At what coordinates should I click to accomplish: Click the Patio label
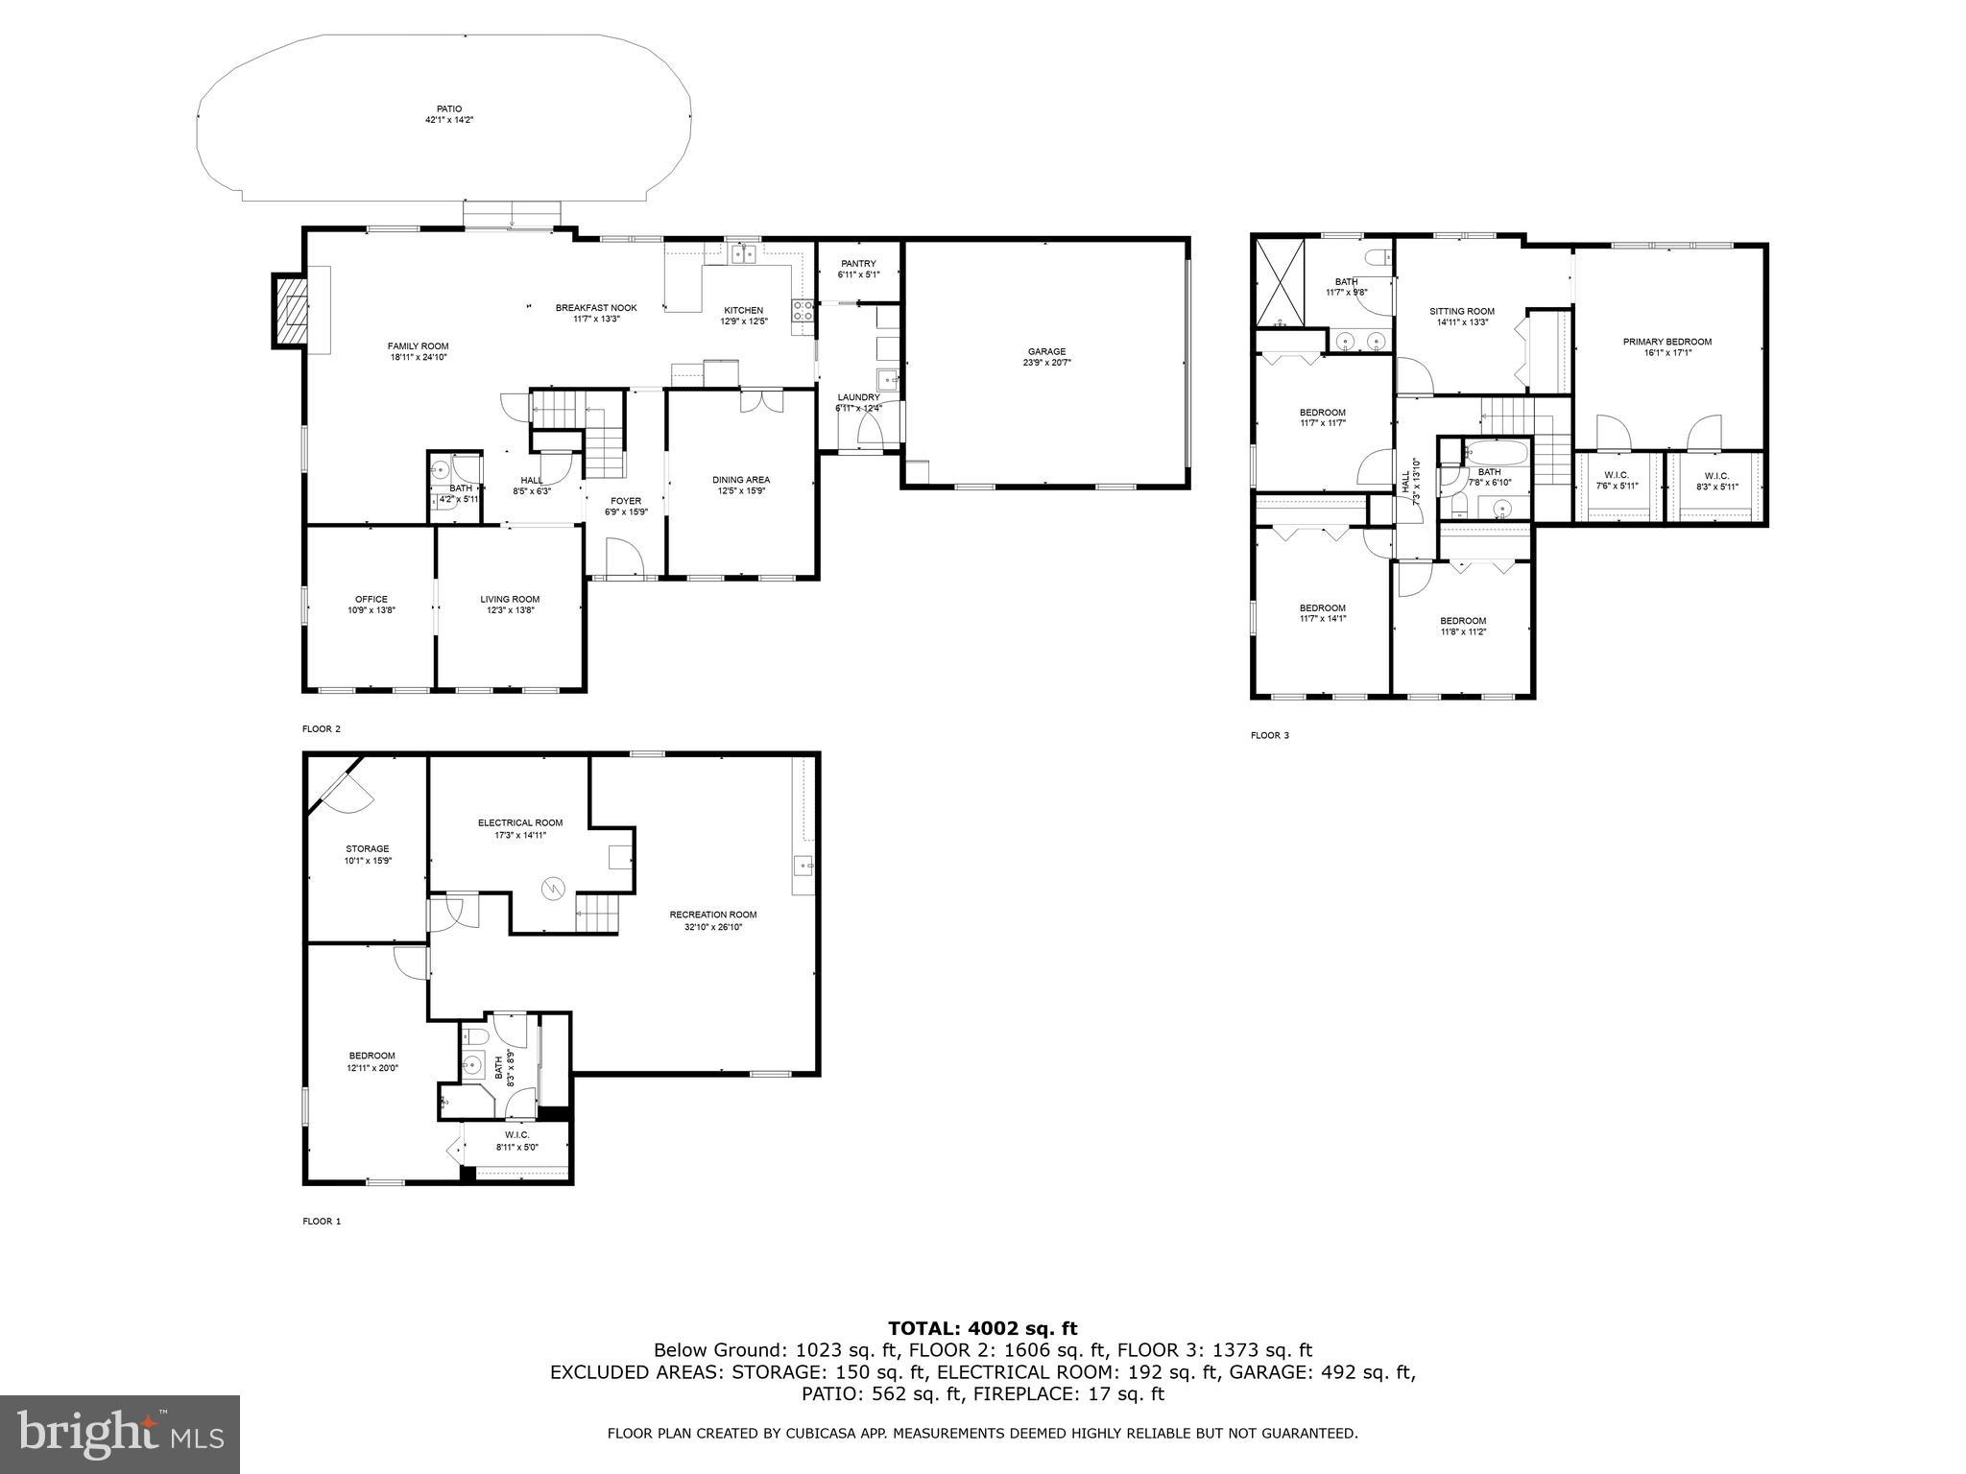[449, 108]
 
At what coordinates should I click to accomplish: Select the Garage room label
[1046, 351]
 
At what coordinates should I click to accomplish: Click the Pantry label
[858, 264]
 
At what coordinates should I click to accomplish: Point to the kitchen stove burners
[803, 309]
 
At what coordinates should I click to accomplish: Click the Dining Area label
[740, 480]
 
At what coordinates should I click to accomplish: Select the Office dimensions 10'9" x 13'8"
[372, 610]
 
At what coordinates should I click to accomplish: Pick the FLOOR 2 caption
[322, 729]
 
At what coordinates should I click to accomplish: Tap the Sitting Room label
[1461, 311]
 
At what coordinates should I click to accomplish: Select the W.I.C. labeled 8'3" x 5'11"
[1716, 481]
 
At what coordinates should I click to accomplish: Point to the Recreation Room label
[713, 915]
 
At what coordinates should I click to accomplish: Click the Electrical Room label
[520, 822]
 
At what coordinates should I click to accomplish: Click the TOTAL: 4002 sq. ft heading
[982, 1328]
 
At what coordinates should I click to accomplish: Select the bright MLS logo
[120, 1434]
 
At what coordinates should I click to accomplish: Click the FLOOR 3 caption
[1269, 736]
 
